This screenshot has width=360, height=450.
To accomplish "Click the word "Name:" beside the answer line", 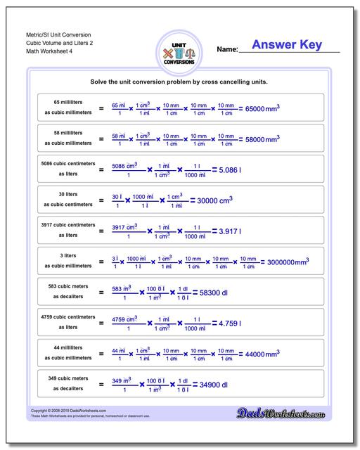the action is tap(226, 50).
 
